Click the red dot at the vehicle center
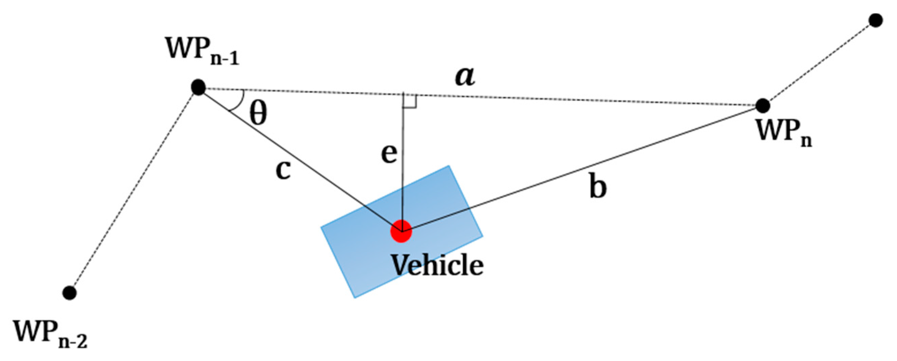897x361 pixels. point(401,231)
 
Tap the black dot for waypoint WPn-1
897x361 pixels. point(199,87)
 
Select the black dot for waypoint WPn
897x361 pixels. point(763,106)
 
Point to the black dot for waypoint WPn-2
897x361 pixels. point(70,293)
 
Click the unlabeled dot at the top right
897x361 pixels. point(876,21)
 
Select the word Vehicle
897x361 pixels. point(438,266)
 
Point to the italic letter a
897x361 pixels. point(465,77)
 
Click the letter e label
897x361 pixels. point(389,155)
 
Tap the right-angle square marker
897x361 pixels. point(410,101)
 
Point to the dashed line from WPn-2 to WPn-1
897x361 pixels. point(134,190)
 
